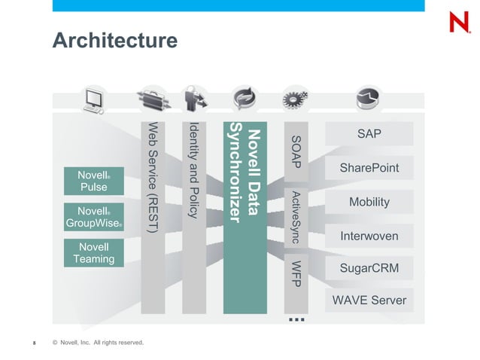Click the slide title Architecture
(114, 40)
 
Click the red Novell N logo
(458, 22)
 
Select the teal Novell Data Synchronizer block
(245, 215)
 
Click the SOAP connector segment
(296, 151)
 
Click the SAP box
(369, 134)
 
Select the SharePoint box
(369, 168)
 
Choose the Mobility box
(369, 202)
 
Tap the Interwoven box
(369, 236)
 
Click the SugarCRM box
(369, 268)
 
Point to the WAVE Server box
(369, 301)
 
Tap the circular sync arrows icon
(245, 99)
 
